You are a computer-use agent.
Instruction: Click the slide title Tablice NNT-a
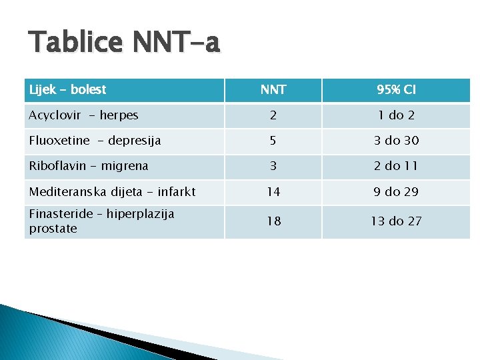[124, 43]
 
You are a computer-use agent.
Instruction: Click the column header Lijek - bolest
[68, 89]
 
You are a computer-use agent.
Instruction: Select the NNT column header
[273, 89]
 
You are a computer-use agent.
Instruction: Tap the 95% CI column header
[396, 89]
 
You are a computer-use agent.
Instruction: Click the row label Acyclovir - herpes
[83, 115]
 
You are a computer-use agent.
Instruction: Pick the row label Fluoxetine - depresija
[95, 141]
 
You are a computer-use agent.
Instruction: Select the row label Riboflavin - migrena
[89, 166]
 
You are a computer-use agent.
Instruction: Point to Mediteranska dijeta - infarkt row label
[112, 192]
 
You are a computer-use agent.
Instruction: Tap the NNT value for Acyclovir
[273, 115]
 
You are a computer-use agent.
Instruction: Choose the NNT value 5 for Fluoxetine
[273, 141]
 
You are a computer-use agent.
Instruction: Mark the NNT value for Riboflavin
[273, 166]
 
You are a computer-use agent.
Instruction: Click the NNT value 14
[273, 192]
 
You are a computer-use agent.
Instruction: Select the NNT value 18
[273, 221]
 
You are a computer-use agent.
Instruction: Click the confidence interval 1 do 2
[396, 115]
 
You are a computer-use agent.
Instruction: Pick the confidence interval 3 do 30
[396, 141]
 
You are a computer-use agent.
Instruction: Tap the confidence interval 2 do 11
[396, 166]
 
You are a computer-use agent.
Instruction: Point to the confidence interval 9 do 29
[396, 192]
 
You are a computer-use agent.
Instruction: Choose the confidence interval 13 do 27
[396, 221]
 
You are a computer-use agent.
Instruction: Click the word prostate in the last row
[53, 229]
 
